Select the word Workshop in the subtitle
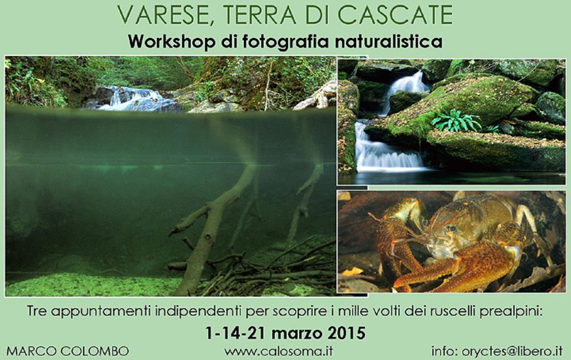[171, 42]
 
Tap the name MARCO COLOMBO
[67, 351]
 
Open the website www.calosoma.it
[278, 351]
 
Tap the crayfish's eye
[452, 228]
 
